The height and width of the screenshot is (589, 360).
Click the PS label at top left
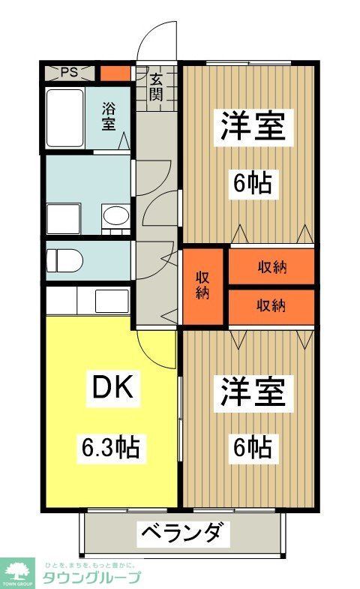click(x=69, y=73)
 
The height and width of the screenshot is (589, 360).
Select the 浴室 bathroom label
click(x=109, y=117)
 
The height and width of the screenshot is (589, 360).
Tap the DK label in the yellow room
click(x=112, y=388)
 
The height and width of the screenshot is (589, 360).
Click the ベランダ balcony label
click(x=181, y=533)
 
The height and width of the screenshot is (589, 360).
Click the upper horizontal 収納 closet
click(x=271, y=267)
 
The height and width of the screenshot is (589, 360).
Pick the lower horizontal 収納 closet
click(x=271, y=305)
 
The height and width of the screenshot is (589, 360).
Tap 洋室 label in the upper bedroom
click(x=253, y=127)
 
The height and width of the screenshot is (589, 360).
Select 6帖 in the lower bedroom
click(x=252, y=448)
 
